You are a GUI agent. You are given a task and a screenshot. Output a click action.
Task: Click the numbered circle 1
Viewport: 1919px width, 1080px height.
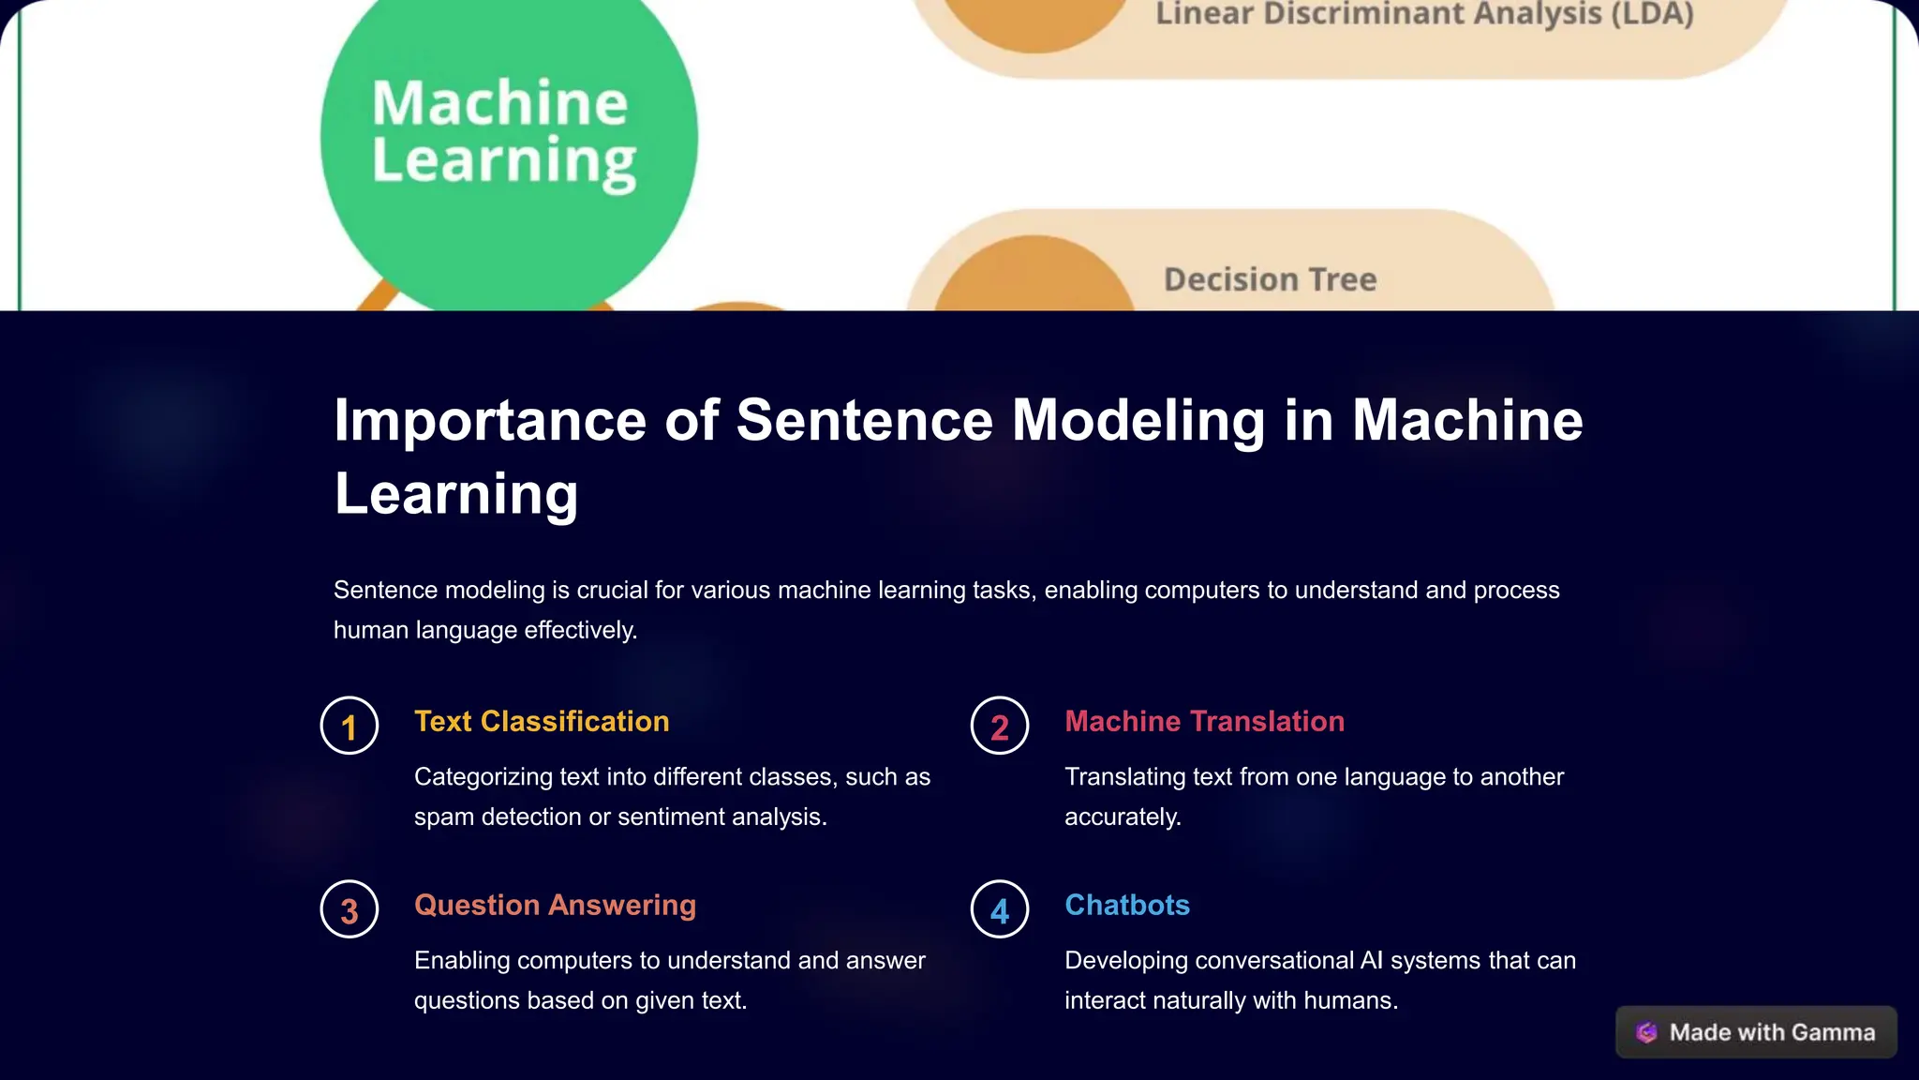point(349,726)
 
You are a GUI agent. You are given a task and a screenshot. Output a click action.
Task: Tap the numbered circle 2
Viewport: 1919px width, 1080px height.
point(999,726)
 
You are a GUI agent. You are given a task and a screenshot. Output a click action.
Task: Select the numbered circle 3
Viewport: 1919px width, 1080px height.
point(349,909)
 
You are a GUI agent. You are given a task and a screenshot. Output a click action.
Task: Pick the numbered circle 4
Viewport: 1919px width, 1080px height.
point(999,909)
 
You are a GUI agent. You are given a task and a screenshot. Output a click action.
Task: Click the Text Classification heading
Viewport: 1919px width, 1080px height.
point(542,721)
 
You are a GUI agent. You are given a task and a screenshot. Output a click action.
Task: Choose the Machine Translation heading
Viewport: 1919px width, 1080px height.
point(1204,721)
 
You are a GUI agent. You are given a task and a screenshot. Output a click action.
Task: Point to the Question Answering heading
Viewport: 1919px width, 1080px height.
point(555,905)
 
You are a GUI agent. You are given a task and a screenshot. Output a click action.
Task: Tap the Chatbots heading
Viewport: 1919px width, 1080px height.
point(1126,905)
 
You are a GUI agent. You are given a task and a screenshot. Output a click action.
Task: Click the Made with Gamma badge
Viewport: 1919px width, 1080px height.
point(1756,1032)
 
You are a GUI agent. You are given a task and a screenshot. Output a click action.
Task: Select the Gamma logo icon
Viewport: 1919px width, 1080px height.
point(1646,1032)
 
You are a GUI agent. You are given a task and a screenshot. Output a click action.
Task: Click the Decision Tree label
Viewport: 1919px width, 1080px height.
point(1270,279)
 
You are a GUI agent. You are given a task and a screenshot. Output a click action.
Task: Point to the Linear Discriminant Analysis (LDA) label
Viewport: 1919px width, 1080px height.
point(1424,14)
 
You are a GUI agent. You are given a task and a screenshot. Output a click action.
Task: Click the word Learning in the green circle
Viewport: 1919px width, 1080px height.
point(504,161)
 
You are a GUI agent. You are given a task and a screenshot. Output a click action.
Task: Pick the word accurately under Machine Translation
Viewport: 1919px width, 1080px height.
point(1123,817)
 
